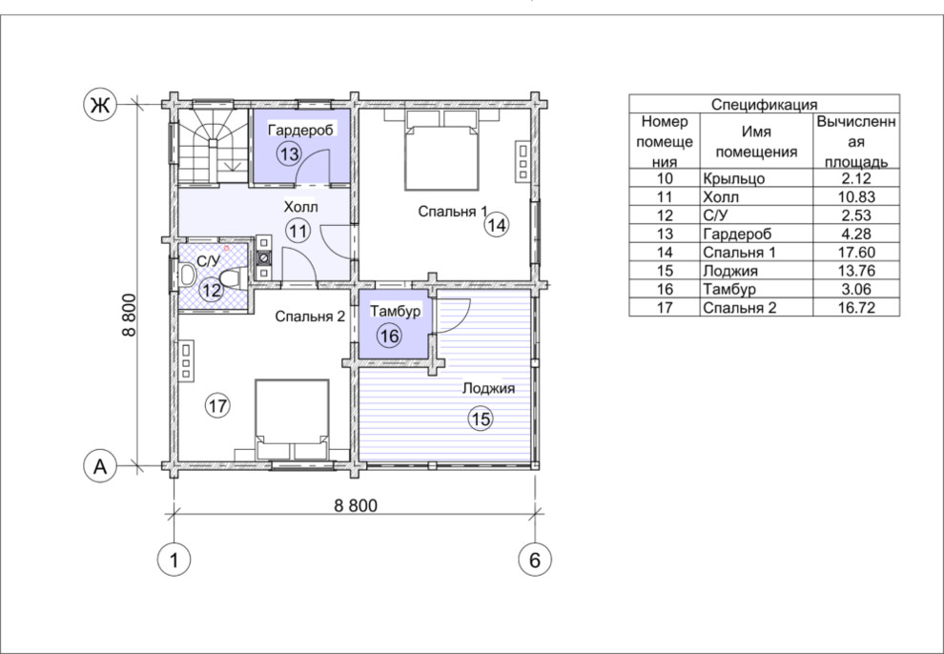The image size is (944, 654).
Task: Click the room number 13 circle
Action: pyautogui.click(x=289, y=154)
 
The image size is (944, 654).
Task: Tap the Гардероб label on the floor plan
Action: pyautogui.click(x=300, y=130)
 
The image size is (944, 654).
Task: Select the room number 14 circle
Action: pyautogui.click(x=498, y=225)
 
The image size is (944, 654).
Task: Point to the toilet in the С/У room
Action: pyautogui.click(x=231, y=278)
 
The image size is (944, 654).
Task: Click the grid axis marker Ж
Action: pyautogui.click(x=99, y=105)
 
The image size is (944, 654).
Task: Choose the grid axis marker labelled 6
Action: pyautogui.click(x=535, y=560)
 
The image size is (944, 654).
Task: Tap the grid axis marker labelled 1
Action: pyautogui.click(x=174, y=560)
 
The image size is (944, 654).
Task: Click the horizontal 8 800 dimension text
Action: pyautogui.click(x=356, y=505)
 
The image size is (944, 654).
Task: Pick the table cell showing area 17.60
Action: pyautogui.click(x=856, y=252)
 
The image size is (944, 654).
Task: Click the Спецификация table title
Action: pyautogui.click(x=764, y=104)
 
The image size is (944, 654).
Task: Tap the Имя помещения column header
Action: pyautogui.click(x=756, y=141)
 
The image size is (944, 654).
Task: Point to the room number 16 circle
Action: pyautogui.click(x=390, y=336)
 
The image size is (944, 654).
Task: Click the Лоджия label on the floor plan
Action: pyautogui.click(x=488, y=388)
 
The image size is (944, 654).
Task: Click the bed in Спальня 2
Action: pyautogui.click(x=292, y=419)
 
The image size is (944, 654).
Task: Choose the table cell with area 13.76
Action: pyautogui.click(x=856, y=270)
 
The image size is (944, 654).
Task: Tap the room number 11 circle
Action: pyautogui.click(x=298, y=231)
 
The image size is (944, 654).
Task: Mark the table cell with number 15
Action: pyautogui.click(x=665, y=270)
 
